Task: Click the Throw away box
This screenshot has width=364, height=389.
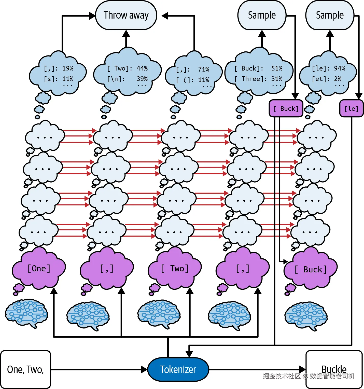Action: click(x=126, y=15)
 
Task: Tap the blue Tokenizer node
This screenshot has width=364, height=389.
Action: click(x=178, y=369)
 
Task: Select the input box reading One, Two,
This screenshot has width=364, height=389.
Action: click(x=25, y=369)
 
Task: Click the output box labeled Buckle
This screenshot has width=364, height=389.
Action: click(x=334, y=369)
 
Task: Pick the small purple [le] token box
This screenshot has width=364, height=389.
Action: click(x=351, y=109)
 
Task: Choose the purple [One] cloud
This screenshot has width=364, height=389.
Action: click(x=39, y=269)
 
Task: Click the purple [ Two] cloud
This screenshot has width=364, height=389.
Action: click(x=175, y=269)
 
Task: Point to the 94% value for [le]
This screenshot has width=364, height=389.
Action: click(x=340, y=68)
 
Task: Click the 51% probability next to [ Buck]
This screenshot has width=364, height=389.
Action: click(x=277, y=68)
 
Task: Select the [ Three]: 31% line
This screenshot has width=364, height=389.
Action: click(x=258, y=79)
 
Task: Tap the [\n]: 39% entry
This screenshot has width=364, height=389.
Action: click(x=128, y=79)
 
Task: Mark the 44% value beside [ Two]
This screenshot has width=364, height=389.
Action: click(x=142, y=68)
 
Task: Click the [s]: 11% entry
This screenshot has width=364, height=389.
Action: click(x=59, y=79)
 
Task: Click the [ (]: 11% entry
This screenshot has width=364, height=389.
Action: click(x=193, y=80)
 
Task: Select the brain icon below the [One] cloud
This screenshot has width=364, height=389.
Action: click(x=26, y=313)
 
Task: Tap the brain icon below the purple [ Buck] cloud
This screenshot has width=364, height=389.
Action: click(x=306, y=316)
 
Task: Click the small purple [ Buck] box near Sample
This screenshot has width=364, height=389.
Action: click(x=286, y=109)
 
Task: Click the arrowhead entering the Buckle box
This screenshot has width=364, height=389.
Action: click(x=302, y=369)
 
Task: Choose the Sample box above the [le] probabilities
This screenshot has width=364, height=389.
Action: click(x=330, y=15)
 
